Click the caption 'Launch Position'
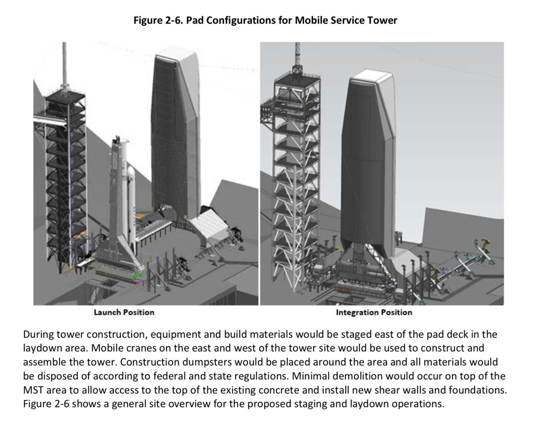pos(124,312)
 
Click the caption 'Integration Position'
pos(374,312)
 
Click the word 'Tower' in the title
pos(383,20)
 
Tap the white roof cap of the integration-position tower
pos(372,86)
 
